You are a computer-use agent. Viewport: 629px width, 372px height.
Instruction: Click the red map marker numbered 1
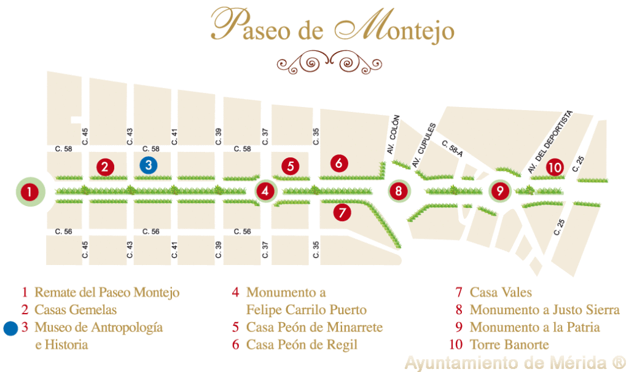point(29,192)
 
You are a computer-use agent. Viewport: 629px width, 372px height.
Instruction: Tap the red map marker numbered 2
point(106,166)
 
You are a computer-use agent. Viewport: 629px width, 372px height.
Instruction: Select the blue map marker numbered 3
point(147,165)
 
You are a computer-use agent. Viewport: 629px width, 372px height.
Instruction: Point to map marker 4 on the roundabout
point(265,191)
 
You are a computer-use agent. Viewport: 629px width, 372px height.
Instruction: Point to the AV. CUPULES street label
point(423,145)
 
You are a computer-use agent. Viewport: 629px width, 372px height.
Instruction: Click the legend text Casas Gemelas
point(76,310)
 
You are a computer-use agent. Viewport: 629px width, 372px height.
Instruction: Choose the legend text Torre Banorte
point(509,344)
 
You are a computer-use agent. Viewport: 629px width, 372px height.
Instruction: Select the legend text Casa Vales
point(501,293)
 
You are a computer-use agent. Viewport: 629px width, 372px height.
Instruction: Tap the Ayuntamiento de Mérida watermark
point(514,362)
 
